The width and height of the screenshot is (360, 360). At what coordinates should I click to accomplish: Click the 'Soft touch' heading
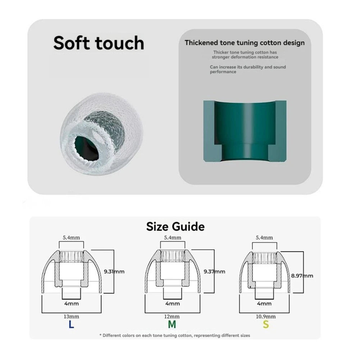pos(99,43)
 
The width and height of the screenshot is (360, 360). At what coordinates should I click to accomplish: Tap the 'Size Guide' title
pos(175,227)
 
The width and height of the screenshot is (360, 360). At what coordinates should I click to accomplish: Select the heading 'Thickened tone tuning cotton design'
pos(245,43)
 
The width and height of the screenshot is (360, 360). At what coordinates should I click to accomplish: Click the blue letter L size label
pos(72,324)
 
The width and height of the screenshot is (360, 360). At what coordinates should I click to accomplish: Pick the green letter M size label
pos(172,324)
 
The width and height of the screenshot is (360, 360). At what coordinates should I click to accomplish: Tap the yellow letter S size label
pos(265,324)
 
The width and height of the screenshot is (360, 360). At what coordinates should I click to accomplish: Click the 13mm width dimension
pos(72,316)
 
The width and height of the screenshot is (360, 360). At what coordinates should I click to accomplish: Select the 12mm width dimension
pos(172,316)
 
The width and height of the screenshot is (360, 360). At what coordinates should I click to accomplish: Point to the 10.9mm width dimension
pos(265,316)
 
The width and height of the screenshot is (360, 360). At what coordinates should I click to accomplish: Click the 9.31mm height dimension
pos(114,272)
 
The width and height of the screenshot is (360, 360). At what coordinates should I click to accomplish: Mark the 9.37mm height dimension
pos(214,272)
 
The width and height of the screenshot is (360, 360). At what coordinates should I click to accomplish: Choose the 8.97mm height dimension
pos(302,276)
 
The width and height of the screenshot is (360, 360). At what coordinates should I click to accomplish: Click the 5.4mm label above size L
pos(72,237)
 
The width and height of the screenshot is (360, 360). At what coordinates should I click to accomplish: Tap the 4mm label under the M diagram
pos(172,304)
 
